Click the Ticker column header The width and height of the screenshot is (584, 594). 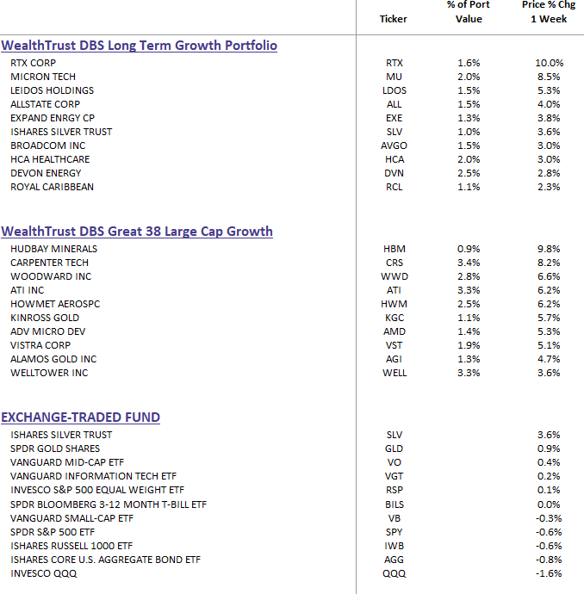pos(394,19)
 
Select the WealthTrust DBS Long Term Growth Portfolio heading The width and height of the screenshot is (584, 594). pos(139,46)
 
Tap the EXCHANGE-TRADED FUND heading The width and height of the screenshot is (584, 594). pos(81,417)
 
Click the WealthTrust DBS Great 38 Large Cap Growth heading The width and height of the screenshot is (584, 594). pos(137,231)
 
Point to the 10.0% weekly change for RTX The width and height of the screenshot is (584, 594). pos(550,63)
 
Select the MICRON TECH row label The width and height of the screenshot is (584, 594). pos(43,77)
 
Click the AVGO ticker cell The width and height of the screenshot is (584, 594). pos(394,145)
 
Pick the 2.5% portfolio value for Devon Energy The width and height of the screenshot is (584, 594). pos(469,173)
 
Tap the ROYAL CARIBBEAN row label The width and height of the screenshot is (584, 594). pos(52,187)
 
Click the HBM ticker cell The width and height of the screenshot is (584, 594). pos(395,249)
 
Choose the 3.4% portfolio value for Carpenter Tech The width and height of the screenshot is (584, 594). pos(469,263)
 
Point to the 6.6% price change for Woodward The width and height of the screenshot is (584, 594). pos(549,276)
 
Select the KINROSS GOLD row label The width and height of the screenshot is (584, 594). pos(45,318)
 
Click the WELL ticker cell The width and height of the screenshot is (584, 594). pos(395,373)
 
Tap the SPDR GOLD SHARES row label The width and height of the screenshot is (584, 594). pos(55,449)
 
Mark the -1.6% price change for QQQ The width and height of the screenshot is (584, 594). pos(549,573)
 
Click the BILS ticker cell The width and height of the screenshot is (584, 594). pos(395,504)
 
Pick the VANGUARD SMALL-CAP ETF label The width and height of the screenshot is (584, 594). pos(72,518)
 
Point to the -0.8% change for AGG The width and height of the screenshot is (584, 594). pos(549,560)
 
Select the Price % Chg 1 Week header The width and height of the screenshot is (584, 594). pos(549,12)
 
